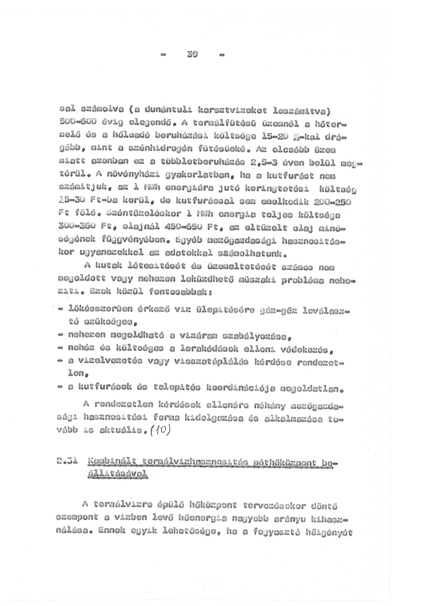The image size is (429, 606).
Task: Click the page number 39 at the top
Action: [193, 55]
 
